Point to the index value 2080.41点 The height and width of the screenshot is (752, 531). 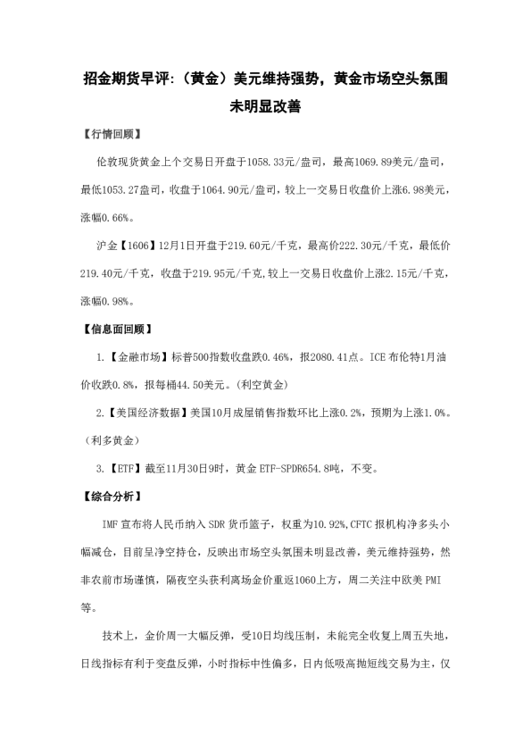click(x=329, y=356)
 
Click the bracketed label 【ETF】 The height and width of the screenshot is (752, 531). click(x=124, y=468)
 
